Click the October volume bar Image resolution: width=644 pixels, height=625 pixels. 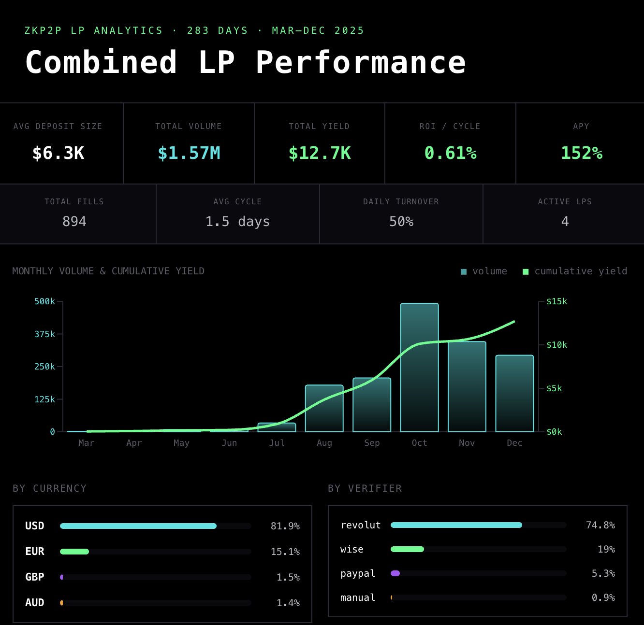pyautogui.click(x=419, y=367)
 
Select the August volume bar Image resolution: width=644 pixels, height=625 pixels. pyautogui.click(x=324, y=408)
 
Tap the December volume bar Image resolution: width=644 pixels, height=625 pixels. pyautogui.click(x=514, y=393)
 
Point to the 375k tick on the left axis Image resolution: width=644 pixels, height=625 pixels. pyautogui.click(x=44, y=334)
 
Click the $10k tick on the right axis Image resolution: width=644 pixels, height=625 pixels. pyautogui.click(x=556, y=345)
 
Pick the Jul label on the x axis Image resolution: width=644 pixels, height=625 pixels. pyautogui.click(x=277, y=443)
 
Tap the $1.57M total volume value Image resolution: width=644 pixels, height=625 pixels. pyautogui.click(x=189, y=153)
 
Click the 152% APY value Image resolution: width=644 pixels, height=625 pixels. pyautogui.click(x=581, y=153)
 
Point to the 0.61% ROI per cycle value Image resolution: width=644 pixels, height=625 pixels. pyautogui.click(x=450, y=153)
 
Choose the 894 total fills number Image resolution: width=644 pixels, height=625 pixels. pyautogui.click(x=74, y=222)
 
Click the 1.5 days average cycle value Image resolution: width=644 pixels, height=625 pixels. pyautogui.click(x=237, y=222)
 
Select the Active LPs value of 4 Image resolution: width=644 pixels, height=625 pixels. pyautogui.click(x=565, y=222)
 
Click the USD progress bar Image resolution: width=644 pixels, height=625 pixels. pyautogui.click(x=138, y=526)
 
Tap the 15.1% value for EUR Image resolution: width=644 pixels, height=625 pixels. pyautogui.click(x=285, y=552)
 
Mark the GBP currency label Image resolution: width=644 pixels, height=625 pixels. pyautogui.click(x=35, y=577)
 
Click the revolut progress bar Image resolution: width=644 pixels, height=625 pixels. pyautogui.click(x=456, y=525)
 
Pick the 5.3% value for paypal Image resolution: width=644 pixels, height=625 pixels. pyautogui.click(x=603, y=573)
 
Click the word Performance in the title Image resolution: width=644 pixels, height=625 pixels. pyautogui.click(x=361, y=63)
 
